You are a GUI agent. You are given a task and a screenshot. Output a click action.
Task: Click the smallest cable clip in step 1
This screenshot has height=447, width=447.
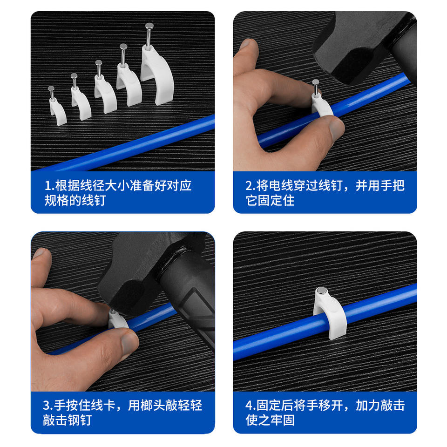57,110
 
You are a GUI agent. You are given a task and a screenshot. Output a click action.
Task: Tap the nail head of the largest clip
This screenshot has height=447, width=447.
149,26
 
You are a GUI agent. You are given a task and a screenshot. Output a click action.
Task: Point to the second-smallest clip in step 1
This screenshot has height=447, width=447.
81,101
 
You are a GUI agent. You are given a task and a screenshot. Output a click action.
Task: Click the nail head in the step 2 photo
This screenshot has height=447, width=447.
315,82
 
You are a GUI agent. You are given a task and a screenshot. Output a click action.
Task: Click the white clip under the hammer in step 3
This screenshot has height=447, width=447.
117,321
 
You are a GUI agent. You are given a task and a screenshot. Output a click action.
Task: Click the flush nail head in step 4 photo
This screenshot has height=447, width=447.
322,291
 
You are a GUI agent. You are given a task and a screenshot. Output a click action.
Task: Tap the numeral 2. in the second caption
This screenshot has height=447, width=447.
251,186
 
